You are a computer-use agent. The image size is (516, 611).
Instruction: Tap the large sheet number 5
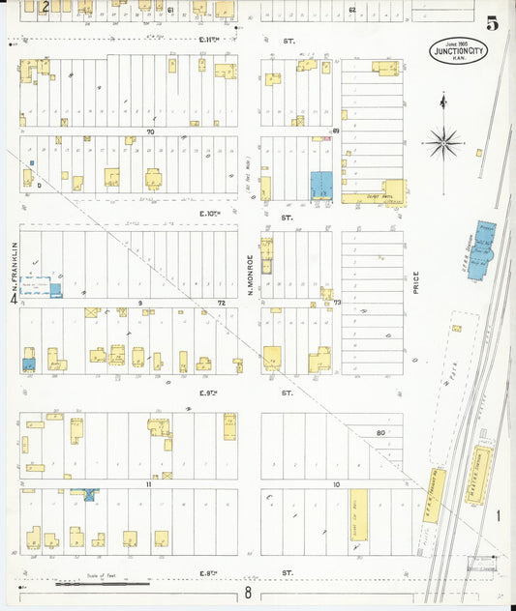click(493, 24)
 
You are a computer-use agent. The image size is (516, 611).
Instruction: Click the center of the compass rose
click(443, 143)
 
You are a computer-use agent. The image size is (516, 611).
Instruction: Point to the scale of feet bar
click(103, 584)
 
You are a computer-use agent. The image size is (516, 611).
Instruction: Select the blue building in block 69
click(320, 186)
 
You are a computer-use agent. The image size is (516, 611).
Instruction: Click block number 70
click(150, 131)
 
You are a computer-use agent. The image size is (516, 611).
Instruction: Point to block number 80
click(380, 432)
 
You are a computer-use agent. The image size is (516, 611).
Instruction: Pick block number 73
click(338, 303)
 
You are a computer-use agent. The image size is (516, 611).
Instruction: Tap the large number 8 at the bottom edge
click(248, 593)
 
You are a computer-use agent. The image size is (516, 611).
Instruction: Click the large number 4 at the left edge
click(14, 301)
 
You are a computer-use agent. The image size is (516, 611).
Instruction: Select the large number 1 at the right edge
click(499, 516)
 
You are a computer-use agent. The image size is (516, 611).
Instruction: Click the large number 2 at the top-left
click(46, 7)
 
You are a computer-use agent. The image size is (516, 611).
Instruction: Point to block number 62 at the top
click(352, 10)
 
